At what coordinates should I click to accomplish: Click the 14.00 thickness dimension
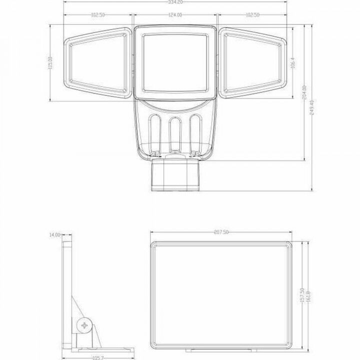pos(54,234)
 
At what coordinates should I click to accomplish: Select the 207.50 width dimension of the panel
pos(220,232)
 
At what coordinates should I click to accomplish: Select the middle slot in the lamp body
pos(174,132)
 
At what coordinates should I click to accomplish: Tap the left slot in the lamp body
pos(154,131)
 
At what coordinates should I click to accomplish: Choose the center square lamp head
pos(174,62)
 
